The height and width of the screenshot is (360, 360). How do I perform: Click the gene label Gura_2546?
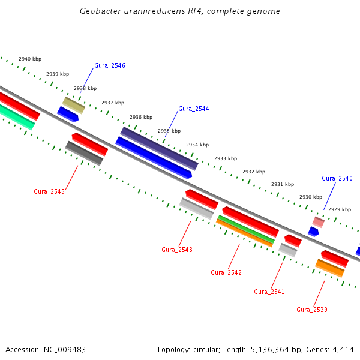point(109,65)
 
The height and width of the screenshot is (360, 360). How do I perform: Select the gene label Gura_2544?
point(193,109)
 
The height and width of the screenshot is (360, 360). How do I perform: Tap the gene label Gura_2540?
point(337,178)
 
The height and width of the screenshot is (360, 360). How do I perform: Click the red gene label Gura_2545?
point(49,191)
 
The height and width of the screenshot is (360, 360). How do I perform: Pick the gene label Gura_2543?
point(177,249)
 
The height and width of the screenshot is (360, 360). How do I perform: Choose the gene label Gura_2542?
point(226,272)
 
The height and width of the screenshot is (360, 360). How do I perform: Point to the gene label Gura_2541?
point(269,292)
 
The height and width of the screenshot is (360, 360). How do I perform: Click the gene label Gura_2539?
point(312,310)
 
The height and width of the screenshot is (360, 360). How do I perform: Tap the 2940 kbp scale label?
point(30,59)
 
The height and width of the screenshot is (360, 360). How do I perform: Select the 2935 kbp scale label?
point(169,131)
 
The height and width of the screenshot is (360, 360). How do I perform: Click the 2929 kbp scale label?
point(340,209)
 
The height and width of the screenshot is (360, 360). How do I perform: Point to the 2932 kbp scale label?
point(254,172)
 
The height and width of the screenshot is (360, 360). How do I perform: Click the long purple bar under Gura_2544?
point(159,148)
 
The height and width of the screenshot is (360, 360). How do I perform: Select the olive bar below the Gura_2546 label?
point(74,105)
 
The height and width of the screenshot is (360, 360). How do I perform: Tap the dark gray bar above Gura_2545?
point(84,153)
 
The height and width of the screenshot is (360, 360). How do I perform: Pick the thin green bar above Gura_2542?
point(245,229)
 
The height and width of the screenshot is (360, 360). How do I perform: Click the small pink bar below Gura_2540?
point(318,222)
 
